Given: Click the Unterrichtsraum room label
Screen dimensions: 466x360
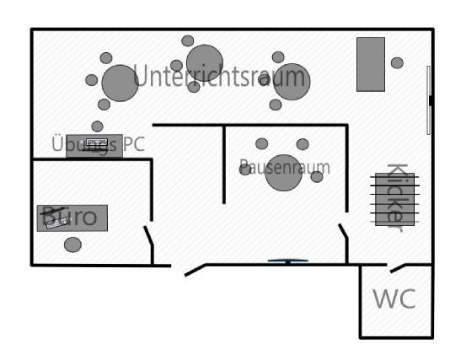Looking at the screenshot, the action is click(x=219, y=76).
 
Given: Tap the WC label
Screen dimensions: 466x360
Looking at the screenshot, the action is click(x=394, y=298).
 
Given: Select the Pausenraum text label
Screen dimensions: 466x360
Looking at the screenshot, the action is click(x=285, y=168).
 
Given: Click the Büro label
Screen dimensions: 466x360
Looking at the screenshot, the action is click(x=70, y=216).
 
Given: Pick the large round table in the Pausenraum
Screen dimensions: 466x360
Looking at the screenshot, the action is click(x=284, y=173).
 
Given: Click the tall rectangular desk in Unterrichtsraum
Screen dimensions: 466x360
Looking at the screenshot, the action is click(x=371, y=64).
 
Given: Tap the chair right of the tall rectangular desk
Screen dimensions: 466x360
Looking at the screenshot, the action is click(x=397, y=62).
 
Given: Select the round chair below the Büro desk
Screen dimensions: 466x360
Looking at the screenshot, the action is click(x=72, y=244).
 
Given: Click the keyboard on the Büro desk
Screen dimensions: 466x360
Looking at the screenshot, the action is click(x=57, y=223).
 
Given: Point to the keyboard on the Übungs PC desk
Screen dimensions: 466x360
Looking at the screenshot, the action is click(x=96, y=142).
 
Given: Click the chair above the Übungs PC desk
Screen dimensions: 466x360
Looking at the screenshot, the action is click(x=97, y=126).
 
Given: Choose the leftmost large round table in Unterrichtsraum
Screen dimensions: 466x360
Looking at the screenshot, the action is click(x=120, y=83).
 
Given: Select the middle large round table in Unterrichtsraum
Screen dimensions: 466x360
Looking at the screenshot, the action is click(x=205, y=63).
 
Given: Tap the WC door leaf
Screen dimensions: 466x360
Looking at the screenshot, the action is click(x=398, y=268).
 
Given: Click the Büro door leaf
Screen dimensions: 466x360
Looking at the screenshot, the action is click(x=148, y=235).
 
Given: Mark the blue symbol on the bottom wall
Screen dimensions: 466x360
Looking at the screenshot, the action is click(x=287, y=261).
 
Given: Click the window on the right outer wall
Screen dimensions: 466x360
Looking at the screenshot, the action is click(x=428, y=100).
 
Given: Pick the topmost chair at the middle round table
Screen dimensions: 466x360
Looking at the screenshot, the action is click(x=188, y=40).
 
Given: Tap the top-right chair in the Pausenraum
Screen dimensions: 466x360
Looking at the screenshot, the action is click(x=303, y=144).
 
